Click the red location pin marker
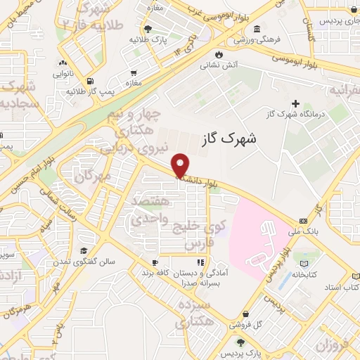tap(181, 165)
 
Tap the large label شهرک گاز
tap(229, 139)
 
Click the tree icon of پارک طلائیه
tap(148, 29)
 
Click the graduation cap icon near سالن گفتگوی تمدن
tap(84, 250)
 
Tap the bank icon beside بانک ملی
tap(303, 220)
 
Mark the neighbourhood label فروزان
tap(332, 345)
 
